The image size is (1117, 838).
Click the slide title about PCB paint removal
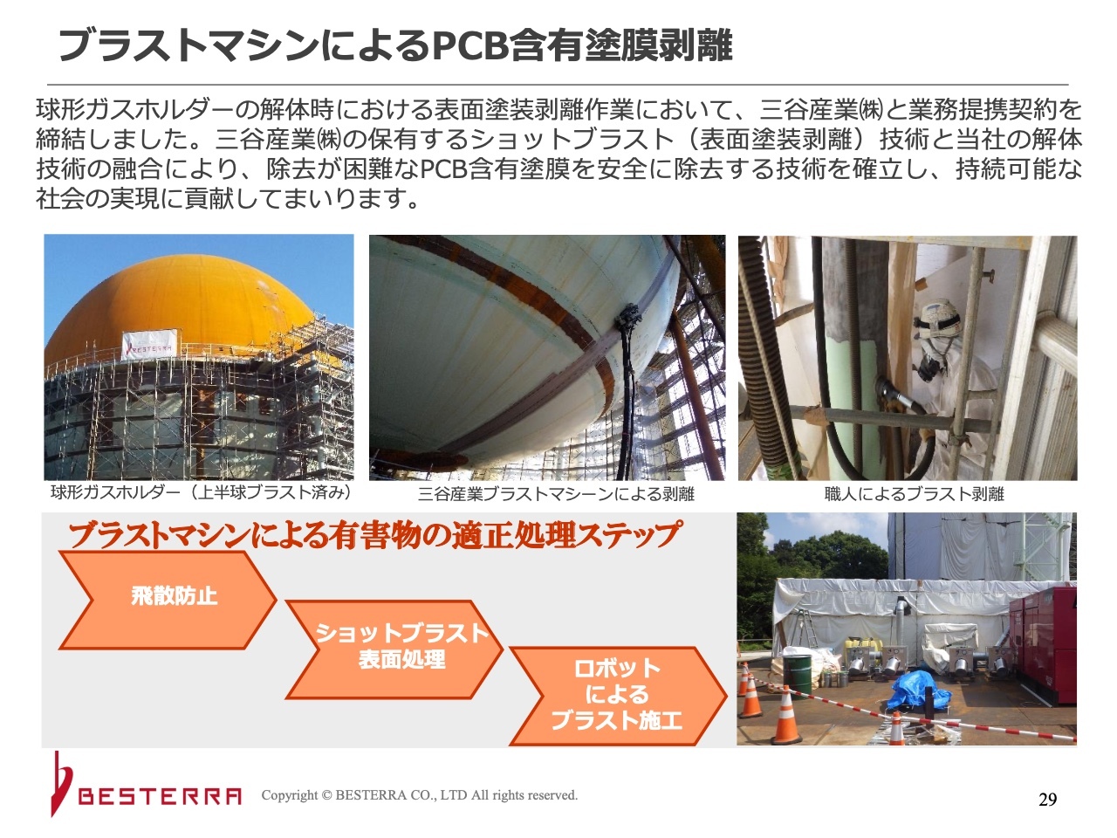(x=395, y=45)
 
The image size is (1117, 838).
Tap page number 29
(x=1047, y=800)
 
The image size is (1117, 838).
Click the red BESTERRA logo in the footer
(x=146, y=785)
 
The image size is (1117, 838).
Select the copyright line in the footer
(x=420, y=795)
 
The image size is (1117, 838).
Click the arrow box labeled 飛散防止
(x=168, y=600)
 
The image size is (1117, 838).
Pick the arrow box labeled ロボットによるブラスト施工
(x=618, y=696)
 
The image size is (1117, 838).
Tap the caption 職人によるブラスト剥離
(x=914, y=493)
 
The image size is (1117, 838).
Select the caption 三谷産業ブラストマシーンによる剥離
(x=556, y=494)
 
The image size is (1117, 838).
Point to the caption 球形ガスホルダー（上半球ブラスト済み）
(x=202, y=492)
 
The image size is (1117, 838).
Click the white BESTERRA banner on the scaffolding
(x=149, y=345)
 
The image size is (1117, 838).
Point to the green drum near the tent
(x=797, y=674)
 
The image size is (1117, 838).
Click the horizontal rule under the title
(x=558, y=84)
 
